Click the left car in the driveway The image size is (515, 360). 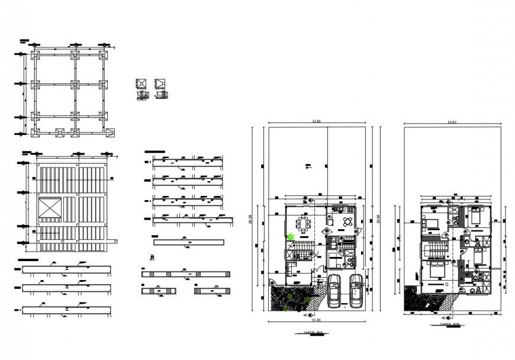pyautogui.click(x=334, y=290)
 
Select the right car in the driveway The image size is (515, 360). pyautogui.click(x=356, y=290)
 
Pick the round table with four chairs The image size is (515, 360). pyautogui.click(x=347, y=222)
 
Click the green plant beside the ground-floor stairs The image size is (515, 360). pyautogui.click(x=291, y=237)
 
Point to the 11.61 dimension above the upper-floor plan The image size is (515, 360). pyautogui.click(x=453, y=122)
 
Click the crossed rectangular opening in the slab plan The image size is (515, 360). pyautogui.click(x=49, y=209)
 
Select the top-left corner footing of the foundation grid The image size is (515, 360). pyautogui.click(x=34, y=55)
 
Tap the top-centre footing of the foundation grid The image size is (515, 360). pyautogui.click(x=75, y=55)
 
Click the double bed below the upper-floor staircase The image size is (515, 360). pyautogui.click(x=435, y=272)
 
